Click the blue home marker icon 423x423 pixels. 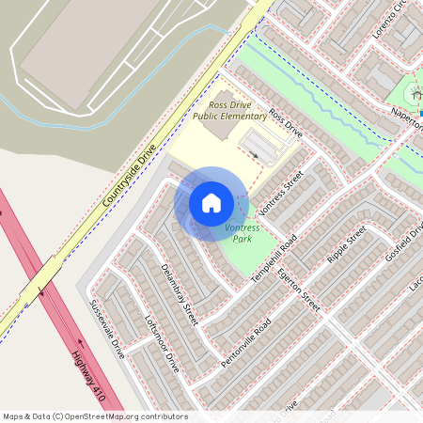(x=211, y=202)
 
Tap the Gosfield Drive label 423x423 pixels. (x=405, y=242)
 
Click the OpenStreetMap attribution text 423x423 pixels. (x=94, y=416)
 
